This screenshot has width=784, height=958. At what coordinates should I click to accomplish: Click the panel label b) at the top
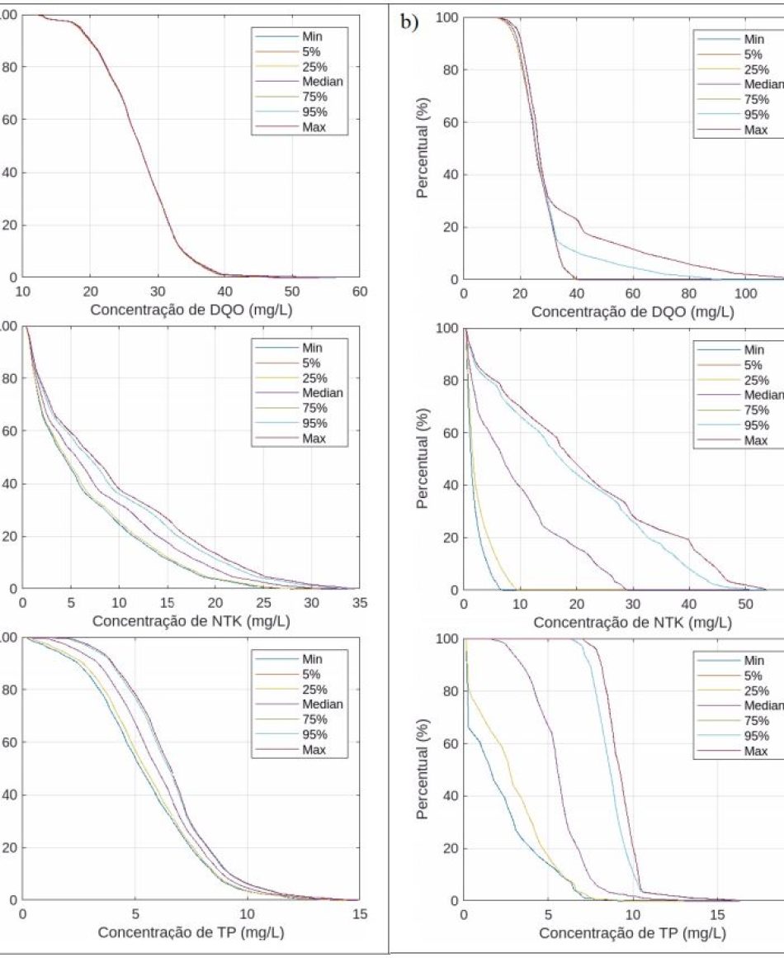(x=409, y=22)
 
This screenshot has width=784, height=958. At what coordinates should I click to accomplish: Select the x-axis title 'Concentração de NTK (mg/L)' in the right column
(x=632, y=622)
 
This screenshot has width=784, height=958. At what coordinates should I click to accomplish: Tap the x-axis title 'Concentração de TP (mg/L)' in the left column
(x=191, y=932)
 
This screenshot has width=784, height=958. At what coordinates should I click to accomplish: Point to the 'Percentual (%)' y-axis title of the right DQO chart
(x=423, y=149)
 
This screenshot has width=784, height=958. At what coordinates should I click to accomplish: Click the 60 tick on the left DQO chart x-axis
(x=359, y=292)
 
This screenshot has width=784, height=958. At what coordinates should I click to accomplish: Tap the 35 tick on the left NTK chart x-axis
(x=359, y=602)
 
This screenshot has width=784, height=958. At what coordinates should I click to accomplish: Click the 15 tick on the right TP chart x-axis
(x=717, y=914)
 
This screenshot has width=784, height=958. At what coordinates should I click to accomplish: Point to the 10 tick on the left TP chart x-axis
(x=247, y=913)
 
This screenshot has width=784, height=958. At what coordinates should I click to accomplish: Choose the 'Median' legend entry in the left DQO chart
(x=324, y=81)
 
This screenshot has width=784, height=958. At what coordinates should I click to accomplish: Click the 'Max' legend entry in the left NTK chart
(x=314, y=439)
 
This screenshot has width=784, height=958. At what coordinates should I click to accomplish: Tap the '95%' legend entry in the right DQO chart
(x=755, y=114)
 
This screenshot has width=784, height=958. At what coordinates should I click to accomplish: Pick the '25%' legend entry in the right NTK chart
(x=755, y=380)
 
